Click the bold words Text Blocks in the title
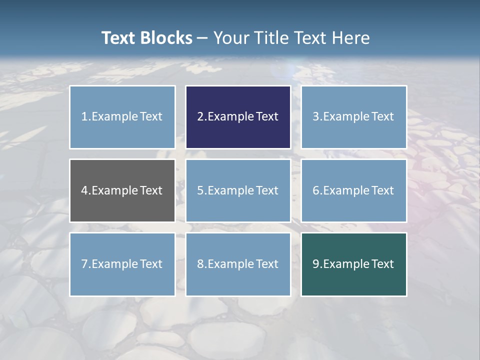tap(146, 38)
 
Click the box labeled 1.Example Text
tap(122, 117)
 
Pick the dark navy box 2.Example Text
tap(238, 117)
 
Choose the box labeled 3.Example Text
tap(353, 117)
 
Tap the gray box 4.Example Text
tap(122, 190)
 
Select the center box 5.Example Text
tap(238, 190)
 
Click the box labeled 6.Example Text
tap(353, 190)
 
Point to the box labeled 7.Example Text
tap(122, 264)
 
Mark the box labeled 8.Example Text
tap(238, 264)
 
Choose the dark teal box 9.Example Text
tap(353, 264)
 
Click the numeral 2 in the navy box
tap(200, 117)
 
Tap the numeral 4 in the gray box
tap(84, 190)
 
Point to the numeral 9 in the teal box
tap(316, 264)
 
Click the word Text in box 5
tap(267, 190)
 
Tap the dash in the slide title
tap(202, 38)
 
